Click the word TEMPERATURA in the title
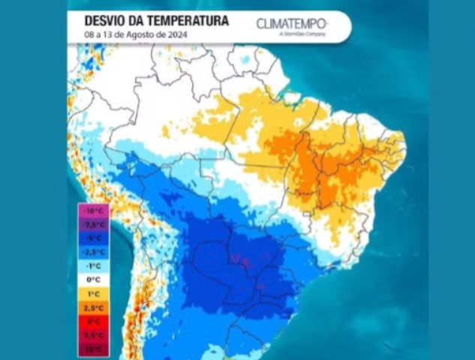[182, 21]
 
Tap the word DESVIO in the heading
[103, 21]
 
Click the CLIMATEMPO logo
[291, 23]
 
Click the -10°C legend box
[93, 211]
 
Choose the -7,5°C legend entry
[93, 224]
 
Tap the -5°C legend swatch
[93, 238]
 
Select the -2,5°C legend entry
[93, 251]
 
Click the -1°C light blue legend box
[93, 265]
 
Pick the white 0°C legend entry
[93, 279]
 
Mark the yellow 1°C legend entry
[93, 293]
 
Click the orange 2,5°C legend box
[93, 307]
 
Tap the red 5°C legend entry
[93, 321]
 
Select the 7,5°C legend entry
[93, 334]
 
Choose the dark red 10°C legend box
[93, 349]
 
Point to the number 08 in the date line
[89, 35]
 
